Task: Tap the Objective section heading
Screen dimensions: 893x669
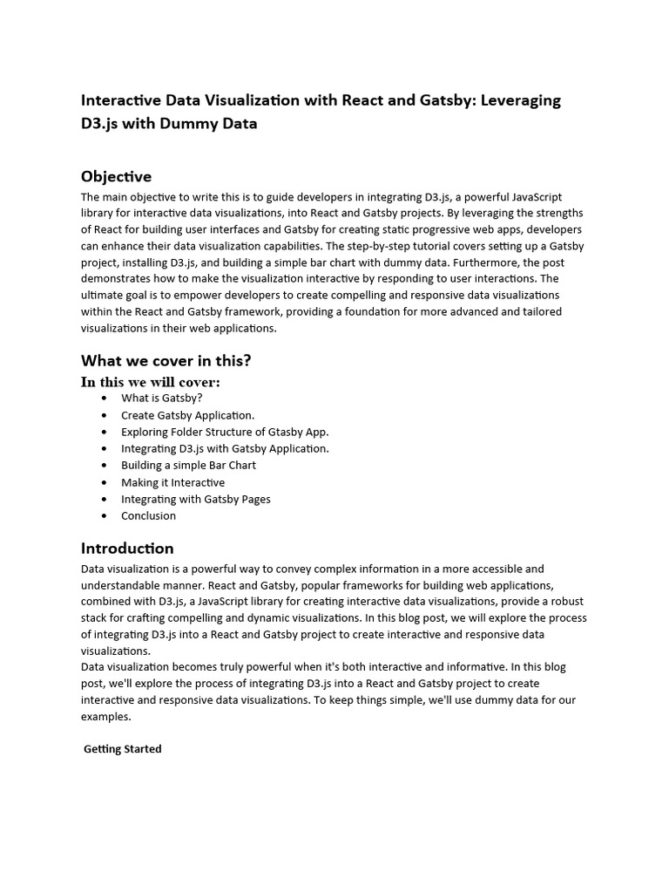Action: coord(116,177)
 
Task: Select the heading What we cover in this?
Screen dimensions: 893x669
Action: coord(166,360)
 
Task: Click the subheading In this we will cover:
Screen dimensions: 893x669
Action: coord(150,382)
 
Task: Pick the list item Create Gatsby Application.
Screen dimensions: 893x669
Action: coord(187,415)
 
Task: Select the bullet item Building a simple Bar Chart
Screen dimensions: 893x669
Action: coord(188,466)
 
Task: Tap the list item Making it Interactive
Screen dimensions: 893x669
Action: coord(172,482)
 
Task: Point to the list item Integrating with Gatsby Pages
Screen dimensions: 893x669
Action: coord(195,499)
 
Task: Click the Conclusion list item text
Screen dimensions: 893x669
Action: coord(148,515)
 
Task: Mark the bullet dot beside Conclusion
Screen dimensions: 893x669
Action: coord(105,516)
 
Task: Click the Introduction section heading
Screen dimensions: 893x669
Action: coord(127,549)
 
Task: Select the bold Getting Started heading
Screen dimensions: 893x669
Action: coord(123,749)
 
